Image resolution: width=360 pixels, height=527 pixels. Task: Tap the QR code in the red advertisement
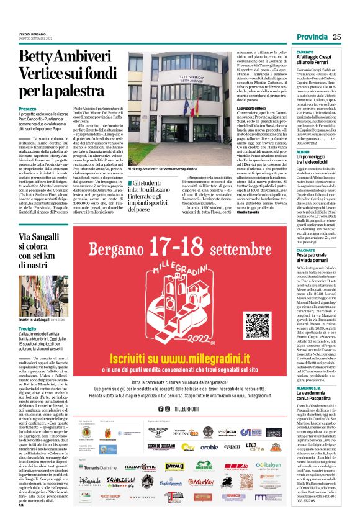coord(258,325)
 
